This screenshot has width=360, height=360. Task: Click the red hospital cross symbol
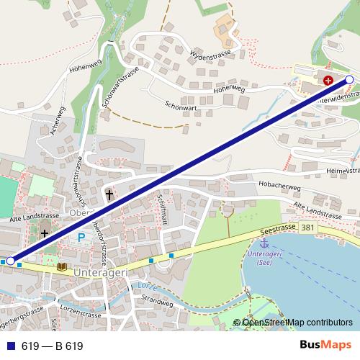(x=328, y=81)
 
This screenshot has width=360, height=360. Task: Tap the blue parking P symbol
(x=81, y=236)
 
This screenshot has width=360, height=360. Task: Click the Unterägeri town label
(x=100, y=272)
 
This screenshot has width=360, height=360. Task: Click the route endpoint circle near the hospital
(x=349, y=79)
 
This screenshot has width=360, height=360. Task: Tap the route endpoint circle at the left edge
(x=10, y=261)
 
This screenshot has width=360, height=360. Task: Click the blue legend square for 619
(x=10, y=346)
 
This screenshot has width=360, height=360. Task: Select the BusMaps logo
(x=325, y=346)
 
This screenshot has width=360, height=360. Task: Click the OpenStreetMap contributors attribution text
(x=297, y=323)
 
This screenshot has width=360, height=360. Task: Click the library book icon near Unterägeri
(x=63, y=268)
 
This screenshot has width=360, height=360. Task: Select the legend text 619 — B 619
(x=52, y=346)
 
